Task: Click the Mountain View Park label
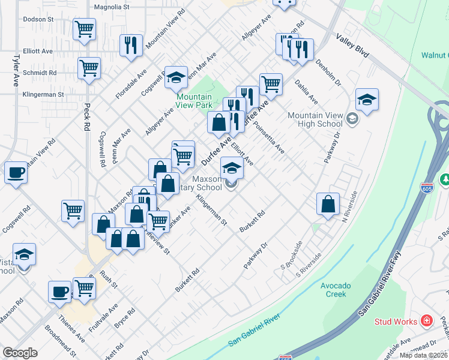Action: [x=194, y=100]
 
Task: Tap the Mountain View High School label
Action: [x=315, y=119]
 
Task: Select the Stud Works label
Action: [x=396, y=322]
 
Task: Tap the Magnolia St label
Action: [x=112, y=7]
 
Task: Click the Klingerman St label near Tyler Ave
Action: [x=43, y=95]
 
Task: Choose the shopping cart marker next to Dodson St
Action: [x=85, y=28]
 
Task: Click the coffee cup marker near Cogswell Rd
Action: [x=16, y=173]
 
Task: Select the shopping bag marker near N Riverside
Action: [x=328, y=203]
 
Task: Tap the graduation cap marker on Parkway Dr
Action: [x=367, y=99]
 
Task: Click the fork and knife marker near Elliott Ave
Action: [x=131, y=45]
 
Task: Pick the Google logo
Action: [x=20, y=353]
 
